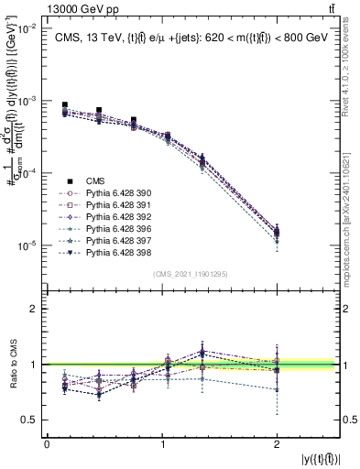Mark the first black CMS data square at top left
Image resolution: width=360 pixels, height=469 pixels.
64,105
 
